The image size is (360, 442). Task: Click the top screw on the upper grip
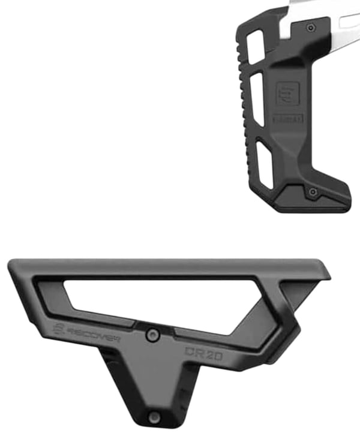coord(310,28)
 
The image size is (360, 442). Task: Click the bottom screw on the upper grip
coord(312,191)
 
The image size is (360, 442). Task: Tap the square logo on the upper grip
coord(285,94)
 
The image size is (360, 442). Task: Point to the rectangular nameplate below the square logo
coord(289,118)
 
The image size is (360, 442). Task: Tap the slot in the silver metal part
coord(349,22)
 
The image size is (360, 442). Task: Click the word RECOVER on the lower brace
coord(87,331)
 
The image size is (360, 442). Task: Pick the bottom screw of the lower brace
coord(154,416)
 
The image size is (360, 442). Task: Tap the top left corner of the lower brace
coord(13,264)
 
